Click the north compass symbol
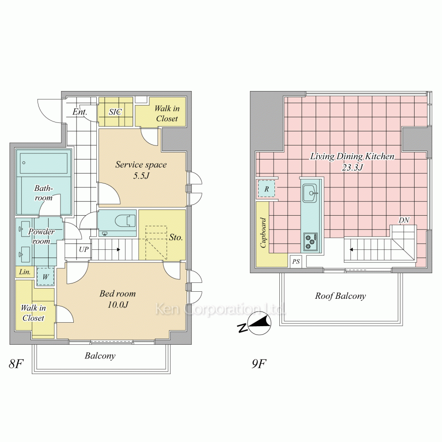tap(255, 324)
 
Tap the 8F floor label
tap(16, 364)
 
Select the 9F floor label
tap(259, 364)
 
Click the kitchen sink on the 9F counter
tap(310, 193)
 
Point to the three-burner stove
tap(311, 242)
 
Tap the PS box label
tap(296, 262)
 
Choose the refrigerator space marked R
tap(267, 189)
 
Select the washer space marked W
tap(46, 277)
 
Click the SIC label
tap(115, 112)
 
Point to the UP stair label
tap(84, 249)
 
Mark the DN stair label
tap(404, 220)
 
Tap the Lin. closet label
tap(25, 272)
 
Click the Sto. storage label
tap(176, 237)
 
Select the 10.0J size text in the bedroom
tap(118, 305)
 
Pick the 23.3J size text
tap(352, 168)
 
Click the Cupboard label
tap(263, 233)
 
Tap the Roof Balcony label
tap(340, 296)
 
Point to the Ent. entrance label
tap(80, 112)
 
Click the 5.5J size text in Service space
tap(141, 176)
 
